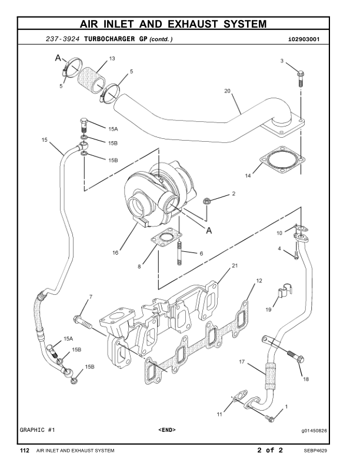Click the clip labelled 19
[284, 292]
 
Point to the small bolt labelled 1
[269, 418]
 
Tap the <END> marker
[166, 430]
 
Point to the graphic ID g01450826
[314, 430]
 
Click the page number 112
[25, 451]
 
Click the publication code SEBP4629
[315, 451]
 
